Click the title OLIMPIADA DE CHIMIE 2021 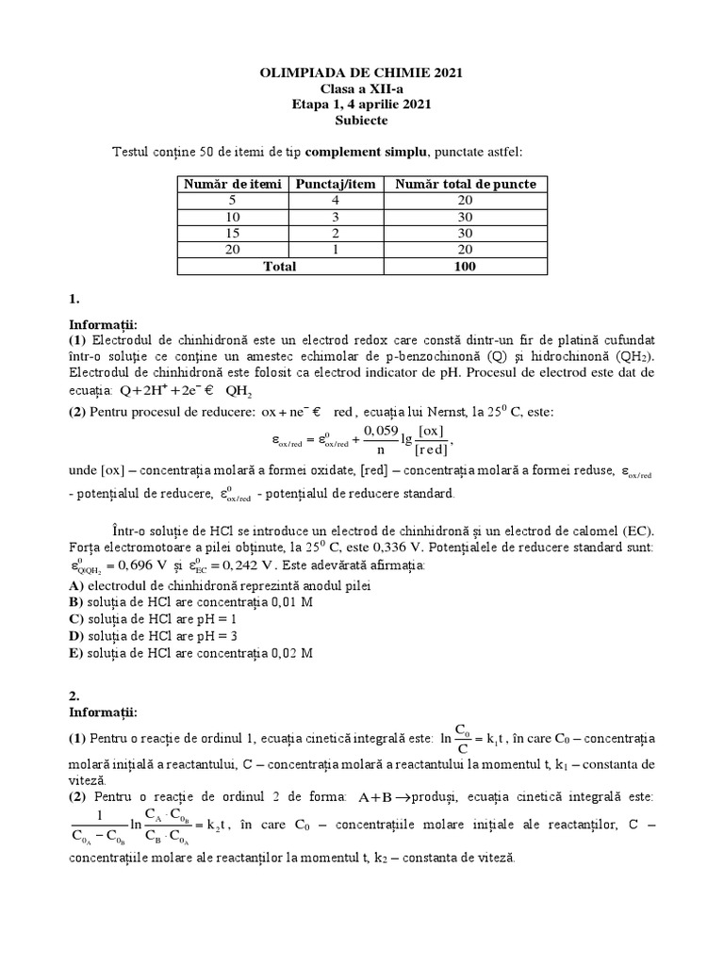361,73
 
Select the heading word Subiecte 361,121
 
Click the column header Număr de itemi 233,184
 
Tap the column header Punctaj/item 337,184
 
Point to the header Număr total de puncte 466,184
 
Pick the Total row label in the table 280,267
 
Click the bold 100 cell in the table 466,267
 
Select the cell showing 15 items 233,233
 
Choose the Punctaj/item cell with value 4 337,200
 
